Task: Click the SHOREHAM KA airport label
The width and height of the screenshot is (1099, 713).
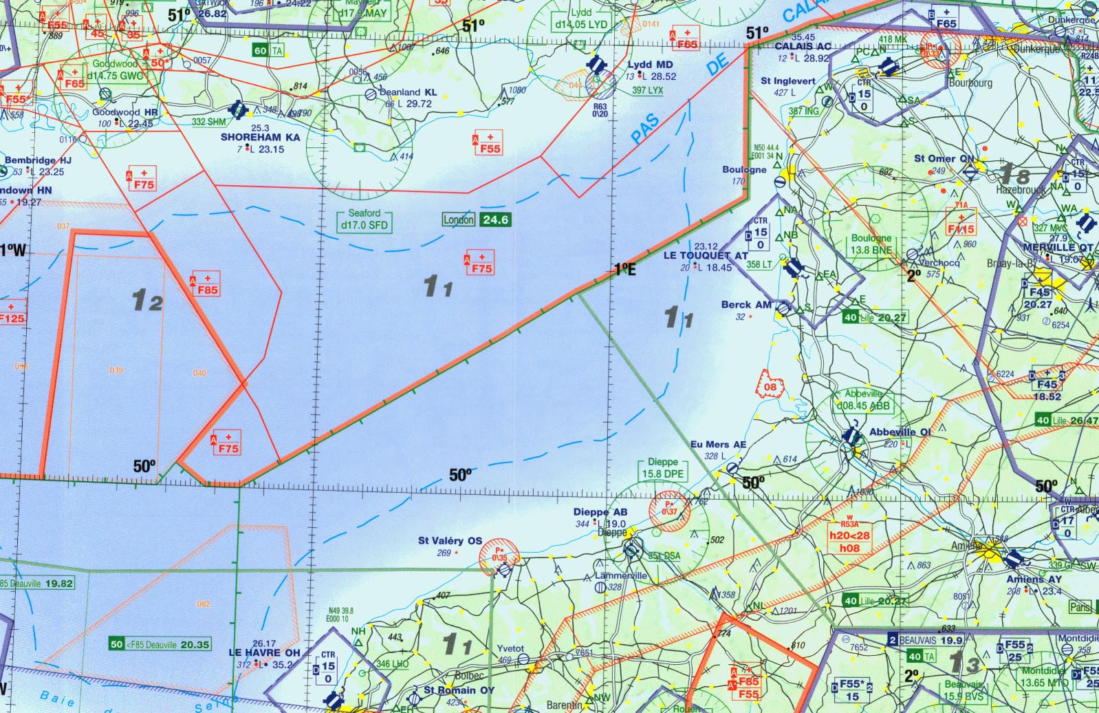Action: [x=260, y=137]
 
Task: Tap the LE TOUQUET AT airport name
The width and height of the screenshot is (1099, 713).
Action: [x=705, y=255]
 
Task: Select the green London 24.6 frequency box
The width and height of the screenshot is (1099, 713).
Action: [x=477, y=220]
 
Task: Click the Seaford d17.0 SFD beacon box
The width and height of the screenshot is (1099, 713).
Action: [x=364, y=220]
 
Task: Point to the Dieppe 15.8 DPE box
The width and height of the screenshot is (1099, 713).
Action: [x=663, y=468]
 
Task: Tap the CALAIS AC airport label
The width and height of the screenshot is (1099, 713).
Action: [x=803, y=46]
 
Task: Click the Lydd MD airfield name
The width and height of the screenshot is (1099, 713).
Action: [x=650, y=64]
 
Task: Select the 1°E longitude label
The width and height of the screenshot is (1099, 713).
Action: [x=624, y=269]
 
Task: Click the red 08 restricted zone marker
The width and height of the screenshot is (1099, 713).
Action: [x=770, y=386]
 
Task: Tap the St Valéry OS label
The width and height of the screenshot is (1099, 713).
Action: [x=450, y=541]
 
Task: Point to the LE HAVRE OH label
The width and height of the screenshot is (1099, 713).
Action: [x=264, y=652]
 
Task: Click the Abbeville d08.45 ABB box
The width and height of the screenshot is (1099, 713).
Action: [x=863, y=400]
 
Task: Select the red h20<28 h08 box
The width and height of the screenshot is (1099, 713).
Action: [x=849, y=542]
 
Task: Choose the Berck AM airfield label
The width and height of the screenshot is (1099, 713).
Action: [x=746, y=304]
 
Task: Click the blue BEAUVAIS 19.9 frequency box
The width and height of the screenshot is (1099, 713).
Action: [x=926, y=640]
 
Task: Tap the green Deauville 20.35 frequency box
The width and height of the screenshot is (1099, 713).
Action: [x=160, y=645]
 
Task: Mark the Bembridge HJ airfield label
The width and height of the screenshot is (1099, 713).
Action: [x=38, y=160]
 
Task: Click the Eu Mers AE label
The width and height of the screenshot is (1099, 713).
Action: [x=718, y=445]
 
